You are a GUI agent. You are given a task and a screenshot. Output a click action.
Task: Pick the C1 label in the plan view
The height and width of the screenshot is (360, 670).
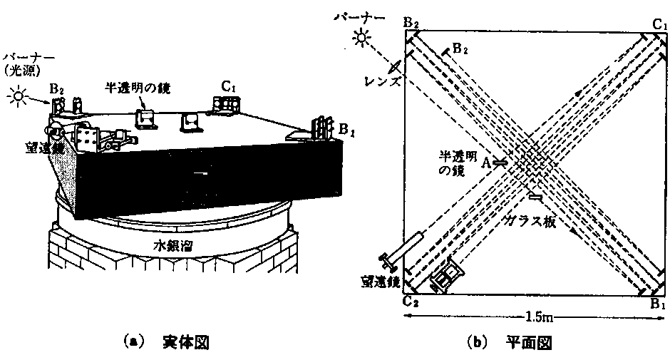pos(659,24)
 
